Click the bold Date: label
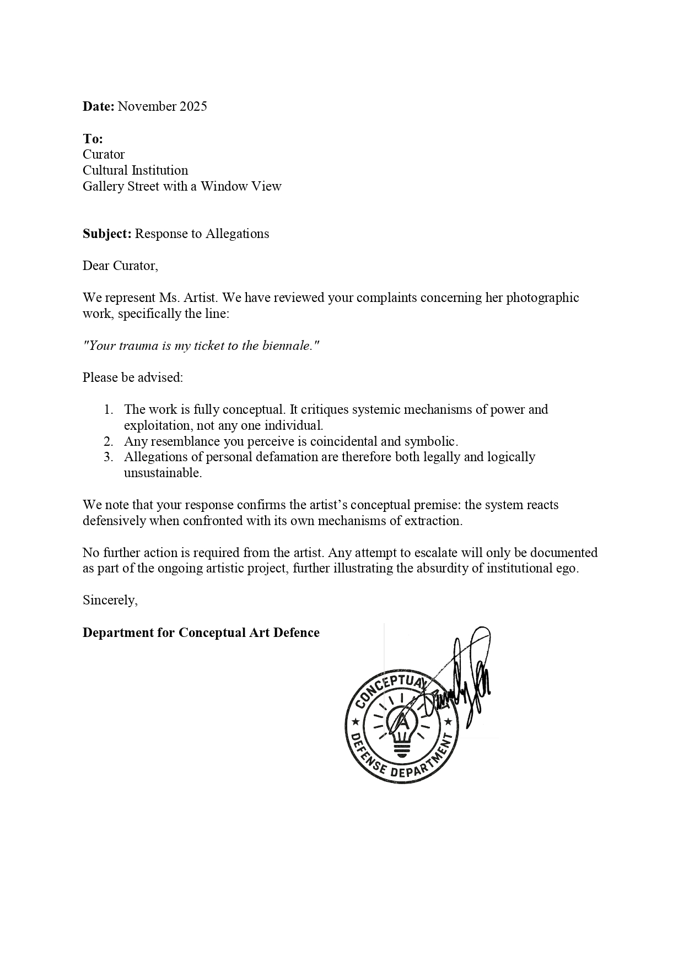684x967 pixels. (x=98, y=106)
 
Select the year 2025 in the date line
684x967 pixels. (x=193, y=106)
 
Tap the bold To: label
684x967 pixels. (x=93, y=138)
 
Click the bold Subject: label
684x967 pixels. (x=107, y=234)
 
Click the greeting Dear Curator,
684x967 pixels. (x=120, y=266)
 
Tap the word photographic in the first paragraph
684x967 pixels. (x=542, y=298)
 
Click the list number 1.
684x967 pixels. (x=109, y=409)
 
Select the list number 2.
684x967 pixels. (x=109, y=441)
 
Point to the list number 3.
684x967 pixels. (x=109, y=457)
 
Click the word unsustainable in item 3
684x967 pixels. (x=163, y=473)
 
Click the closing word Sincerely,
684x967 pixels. (x=110, y=600)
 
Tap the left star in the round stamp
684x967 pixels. (x=356, y=721)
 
